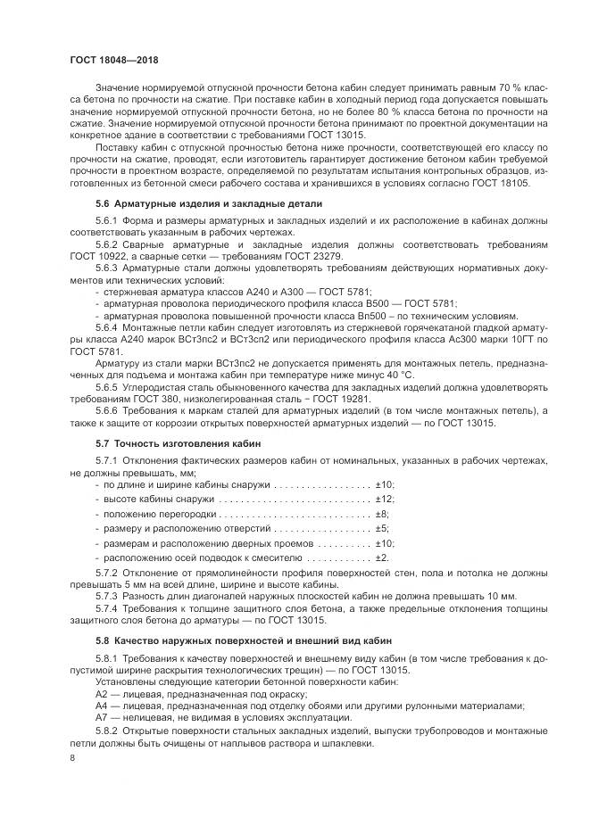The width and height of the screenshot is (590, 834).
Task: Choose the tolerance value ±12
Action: [385, 500]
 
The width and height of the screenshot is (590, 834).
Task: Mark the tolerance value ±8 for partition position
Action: [382, 515]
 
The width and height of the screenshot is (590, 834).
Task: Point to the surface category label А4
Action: [101, 705]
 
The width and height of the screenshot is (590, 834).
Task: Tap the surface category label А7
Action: [101, 716]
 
